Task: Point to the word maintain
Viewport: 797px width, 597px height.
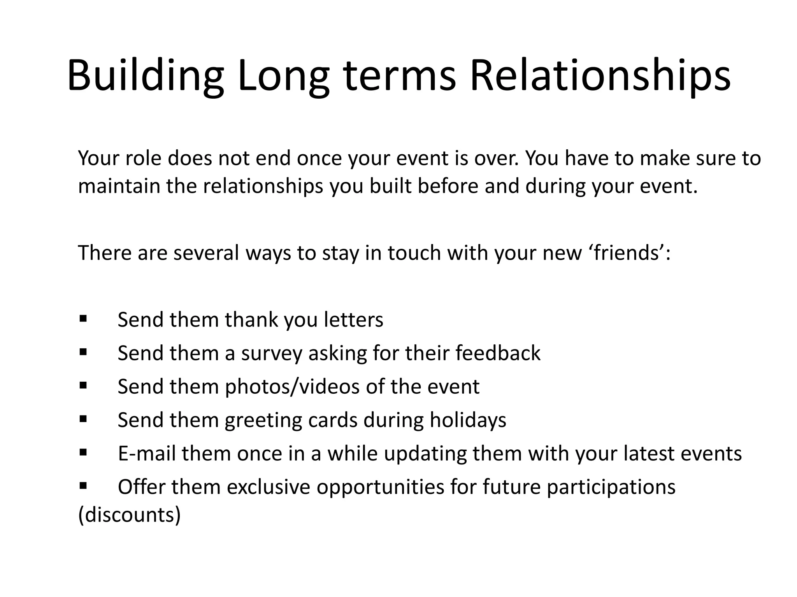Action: [x=119, y=186]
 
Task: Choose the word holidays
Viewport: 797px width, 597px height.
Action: [x=468, y=420]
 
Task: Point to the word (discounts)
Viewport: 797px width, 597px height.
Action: [x=130, y=515]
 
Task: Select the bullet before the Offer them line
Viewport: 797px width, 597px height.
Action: [x=83, y=486]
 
